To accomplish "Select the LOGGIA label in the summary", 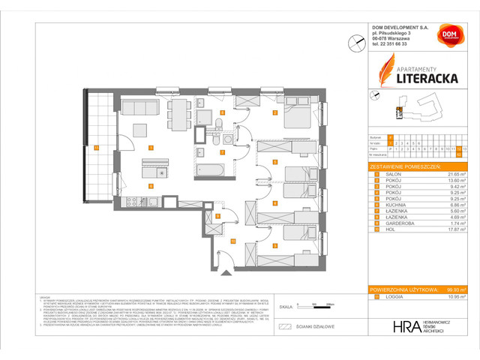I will [x=390, y=297].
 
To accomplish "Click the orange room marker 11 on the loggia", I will [x=96, y=148].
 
